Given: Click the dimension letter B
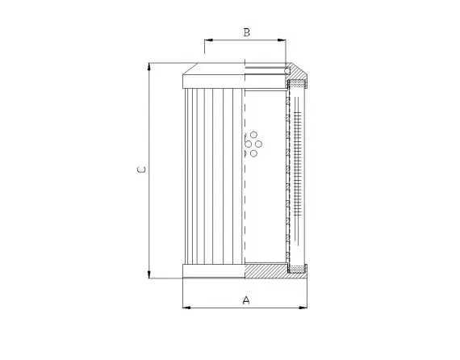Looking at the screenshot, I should pyautogui.click(x=246, y=32).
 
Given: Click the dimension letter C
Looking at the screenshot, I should pyautogui.click(x=140, y=170).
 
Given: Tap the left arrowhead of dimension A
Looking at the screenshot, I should pyautogui.click(x=187, y=308).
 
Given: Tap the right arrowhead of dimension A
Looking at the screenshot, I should pyautogui.click(x=304, y=308).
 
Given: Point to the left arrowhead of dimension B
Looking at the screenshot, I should pyautogui.click(x=209, y=39).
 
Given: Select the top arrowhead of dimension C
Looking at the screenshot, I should pyautogui.click(x=150, y=66).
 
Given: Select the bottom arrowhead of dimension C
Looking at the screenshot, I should pyautogui.click(x=150, y=274).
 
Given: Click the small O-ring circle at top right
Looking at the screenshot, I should pyautogui.click(x=288, y=72).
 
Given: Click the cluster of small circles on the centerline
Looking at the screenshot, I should pyautogui.click(x=252, y=143).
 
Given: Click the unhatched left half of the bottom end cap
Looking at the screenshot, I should pyautogui.click(x=214, y=271).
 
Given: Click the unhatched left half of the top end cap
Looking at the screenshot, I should pyautogui.click(x=214, y=79).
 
